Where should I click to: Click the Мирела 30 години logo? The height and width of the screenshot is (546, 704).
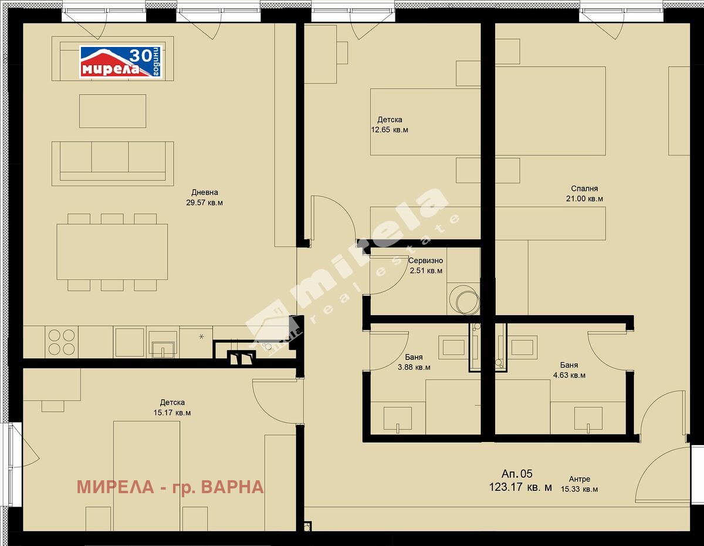click(x=120, y=62)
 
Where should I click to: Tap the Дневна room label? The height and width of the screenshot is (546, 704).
click(x=205, y=192)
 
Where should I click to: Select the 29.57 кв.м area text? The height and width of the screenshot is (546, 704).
click(x=204, y=203)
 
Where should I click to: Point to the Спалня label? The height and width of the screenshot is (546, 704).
click(x=584, y=188)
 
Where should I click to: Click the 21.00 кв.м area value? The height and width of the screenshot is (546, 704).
click(x=584, y=199)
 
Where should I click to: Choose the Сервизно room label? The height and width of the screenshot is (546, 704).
click(x=425, y=260)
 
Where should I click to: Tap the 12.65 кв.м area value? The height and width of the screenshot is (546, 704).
click(x=390, y=130)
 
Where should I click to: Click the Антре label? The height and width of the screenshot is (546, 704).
click(x=580, y=479)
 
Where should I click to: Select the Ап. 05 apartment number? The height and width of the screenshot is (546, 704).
click(x=517, y=474)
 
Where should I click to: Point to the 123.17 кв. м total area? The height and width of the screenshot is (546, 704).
click(x=520, y=487)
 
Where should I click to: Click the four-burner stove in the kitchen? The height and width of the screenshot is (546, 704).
click(x=62, y=342)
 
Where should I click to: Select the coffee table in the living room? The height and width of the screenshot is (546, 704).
click(x=113, y=111)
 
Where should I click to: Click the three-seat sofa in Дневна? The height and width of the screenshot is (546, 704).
click(x=113, y=163)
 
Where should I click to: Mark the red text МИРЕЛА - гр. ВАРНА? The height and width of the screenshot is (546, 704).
click(x=170, y=487)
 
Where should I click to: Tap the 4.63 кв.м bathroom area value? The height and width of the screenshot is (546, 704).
click(x=569, y=376)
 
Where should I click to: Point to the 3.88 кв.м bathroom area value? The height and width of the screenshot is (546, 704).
click(x=414, y=368)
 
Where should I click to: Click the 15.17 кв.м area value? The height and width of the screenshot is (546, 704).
click(x=172, y=413)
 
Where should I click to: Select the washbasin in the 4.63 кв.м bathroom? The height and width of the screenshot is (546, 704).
click(x=588, y=419)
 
